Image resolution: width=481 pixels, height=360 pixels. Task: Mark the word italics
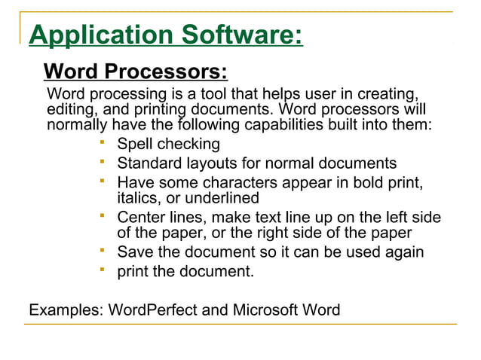[137, 198]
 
